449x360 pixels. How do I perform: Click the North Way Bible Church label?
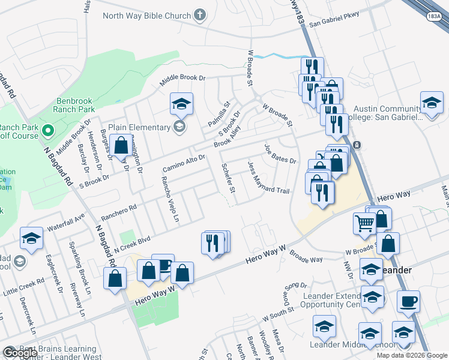tap(146, 16)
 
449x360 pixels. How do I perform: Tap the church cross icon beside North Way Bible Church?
tap(200, 16)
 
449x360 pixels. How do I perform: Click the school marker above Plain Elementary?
tap(181, 104)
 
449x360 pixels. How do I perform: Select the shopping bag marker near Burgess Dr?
tap(121, 145)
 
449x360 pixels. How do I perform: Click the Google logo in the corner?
tap(20, 353)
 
